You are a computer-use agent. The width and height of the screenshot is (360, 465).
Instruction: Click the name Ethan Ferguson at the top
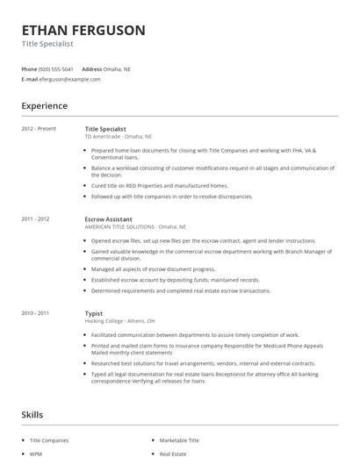coord(83,30)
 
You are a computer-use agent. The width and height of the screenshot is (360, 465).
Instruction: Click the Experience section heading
coord(44,106)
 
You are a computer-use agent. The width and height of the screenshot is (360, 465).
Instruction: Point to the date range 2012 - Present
coord(39,129)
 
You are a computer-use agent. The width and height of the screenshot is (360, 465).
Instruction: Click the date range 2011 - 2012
coord(35,218)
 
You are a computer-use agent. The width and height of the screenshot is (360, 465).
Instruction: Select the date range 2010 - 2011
coord(35,313)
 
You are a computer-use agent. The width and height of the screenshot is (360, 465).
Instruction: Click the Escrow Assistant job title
coord(110,218)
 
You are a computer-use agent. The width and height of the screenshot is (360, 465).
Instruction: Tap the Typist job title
coord(94,313)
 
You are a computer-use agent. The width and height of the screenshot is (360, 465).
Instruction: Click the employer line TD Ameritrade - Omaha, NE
coord(119,137)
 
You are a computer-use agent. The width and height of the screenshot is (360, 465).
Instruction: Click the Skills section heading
coord(33,414)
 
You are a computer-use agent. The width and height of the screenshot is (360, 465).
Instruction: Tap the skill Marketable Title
coord(179,440)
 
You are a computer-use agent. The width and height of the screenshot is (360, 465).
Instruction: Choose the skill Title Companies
coord(48,440)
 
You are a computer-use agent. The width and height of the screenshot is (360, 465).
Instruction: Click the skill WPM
coord(37,454)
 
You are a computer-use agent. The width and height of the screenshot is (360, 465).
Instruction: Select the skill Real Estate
coord(173,454)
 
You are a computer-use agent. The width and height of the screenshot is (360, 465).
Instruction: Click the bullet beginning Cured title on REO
coord(159,186)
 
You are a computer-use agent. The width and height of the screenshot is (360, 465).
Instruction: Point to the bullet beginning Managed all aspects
coord(153,269)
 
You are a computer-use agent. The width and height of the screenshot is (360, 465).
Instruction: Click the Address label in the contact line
coord(92,68)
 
